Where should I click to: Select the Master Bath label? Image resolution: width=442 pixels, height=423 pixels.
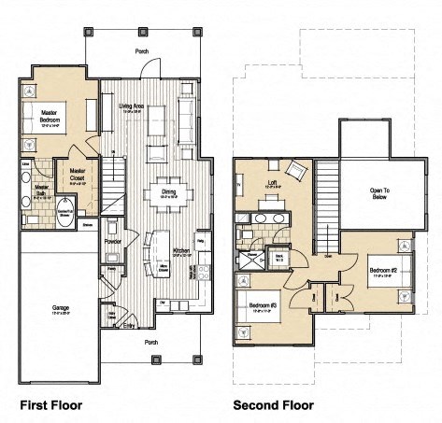[40, 191]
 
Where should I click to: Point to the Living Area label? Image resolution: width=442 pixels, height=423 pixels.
[133, 107]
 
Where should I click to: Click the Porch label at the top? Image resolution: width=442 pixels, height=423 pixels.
[142, 52]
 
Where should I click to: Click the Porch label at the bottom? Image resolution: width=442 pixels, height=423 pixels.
[151, 342]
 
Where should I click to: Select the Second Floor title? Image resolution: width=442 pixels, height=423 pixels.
[273, 405]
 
